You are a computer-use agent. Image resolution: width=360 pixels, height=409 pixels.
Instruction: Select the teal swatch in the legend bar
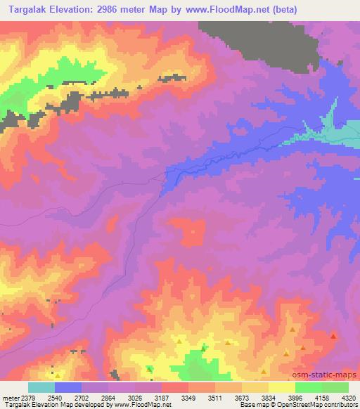[41, 387]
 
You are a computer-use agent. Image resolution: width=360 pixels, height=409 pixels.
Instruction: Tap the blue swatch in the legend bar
[68, 387]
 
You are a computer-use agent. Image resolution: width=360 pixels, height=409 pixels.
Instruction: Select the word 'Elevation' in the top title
[78, 10]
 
